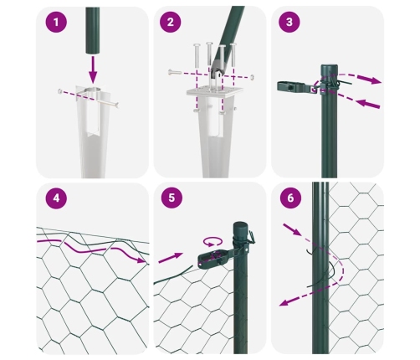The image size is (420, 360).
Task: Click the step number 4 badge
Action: click(55, 200)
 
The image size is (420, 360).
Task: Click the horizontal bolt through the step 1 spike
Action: click(92, 95)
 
